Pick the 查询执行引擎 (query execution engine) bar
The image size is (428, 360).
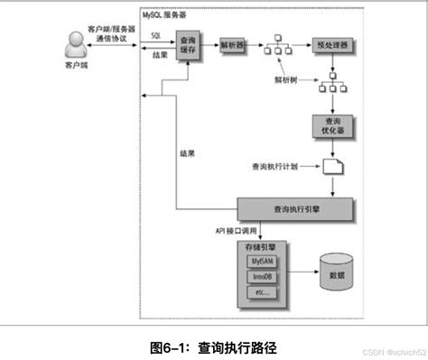[x=294, y=209]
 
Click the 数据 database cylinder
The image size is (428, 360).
[x=339, y=271]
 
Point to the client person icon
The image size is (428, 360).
[x=76, y=46]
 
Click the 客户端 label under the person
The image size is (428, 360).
[x=76, y=68]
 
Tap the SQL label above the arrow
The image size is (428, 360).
[x=155, y=33]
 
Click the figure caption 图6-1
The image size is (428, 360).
[x=213, y=346]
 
